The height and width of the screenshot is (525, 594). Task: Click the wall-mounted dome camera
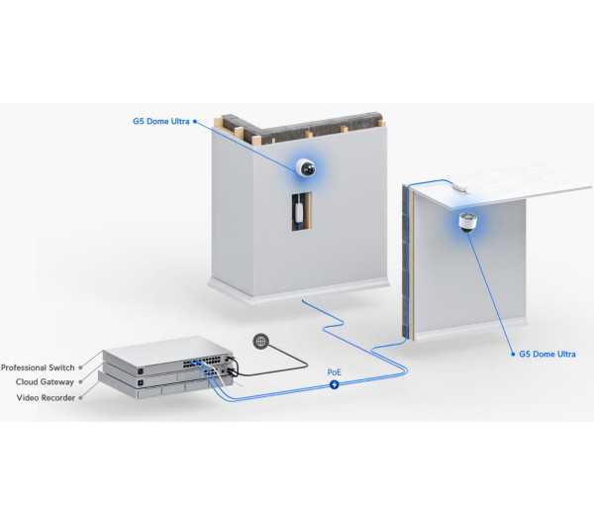(306, 167)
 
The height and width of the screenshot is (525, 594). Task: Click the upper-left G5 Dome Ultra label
(161, 122)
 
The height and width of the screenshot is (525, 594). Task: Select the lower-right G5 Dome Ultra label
(547, 354)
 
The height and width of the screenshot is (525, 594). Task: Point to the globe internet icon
(261, 342)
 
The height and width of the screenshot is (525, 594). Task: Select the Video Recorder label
(45, 397)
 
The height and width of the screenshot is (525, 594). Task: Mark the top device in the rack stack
(168, 359)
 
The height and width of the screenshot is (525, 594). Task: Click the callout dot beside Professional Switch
(79, 367)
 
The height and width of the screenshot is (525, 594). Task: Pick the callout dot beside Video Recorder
(79, 397)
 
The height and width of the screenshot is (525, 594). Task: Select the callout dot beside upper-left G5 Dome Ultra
(195, 122)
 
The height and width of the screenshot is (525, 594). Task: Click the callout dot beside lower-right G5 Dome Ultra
(513, 354)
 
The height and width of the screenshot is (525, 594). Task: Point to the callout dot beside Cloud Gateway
(79, 382)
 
